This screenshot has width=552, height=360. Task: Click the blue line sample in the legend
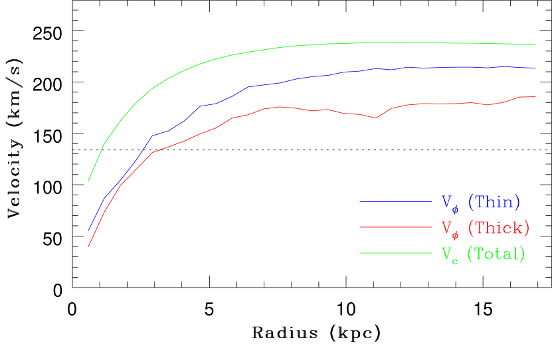point(395,201)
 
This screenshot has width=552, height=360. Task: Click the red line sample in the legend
point(395,227)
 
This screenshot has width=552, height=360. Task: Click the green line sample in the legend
point(395,252)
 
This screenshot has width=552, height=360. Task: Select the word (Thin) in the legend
point(494,201)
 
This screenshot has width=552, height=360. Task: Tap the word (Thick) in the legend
point(498,227)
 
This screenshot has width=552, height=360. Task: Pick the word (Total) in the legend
point(496,253)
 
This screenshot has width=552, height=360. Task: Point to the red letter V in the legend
point(447,227)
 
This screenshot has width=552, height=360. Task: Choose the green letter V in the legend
point(447,253)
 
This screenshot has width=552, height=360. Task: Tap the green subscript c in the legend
point(455,260)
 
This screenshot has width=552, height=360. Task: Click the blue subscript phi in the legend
point(455,208)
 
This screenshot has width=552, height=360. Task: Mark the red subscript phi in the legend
point(455,234)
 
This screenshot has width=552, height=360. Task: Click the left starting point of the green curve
point(88,181)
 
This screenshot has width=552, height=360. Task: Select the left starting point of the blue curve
point(88,231)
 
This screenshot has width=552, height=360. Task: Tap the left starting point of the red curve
point(88,246)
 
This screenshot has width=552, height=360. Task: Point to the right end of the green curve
point(535,45)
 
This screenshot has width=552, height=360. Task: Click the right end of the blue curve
point(535,68)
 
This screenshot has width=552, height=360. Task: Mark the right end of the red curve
point(535,97)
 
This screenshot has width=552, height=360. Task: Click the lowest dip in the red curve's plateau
point(376,118)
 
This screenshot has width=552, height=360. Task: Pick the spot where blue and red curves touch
point(120,183)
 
